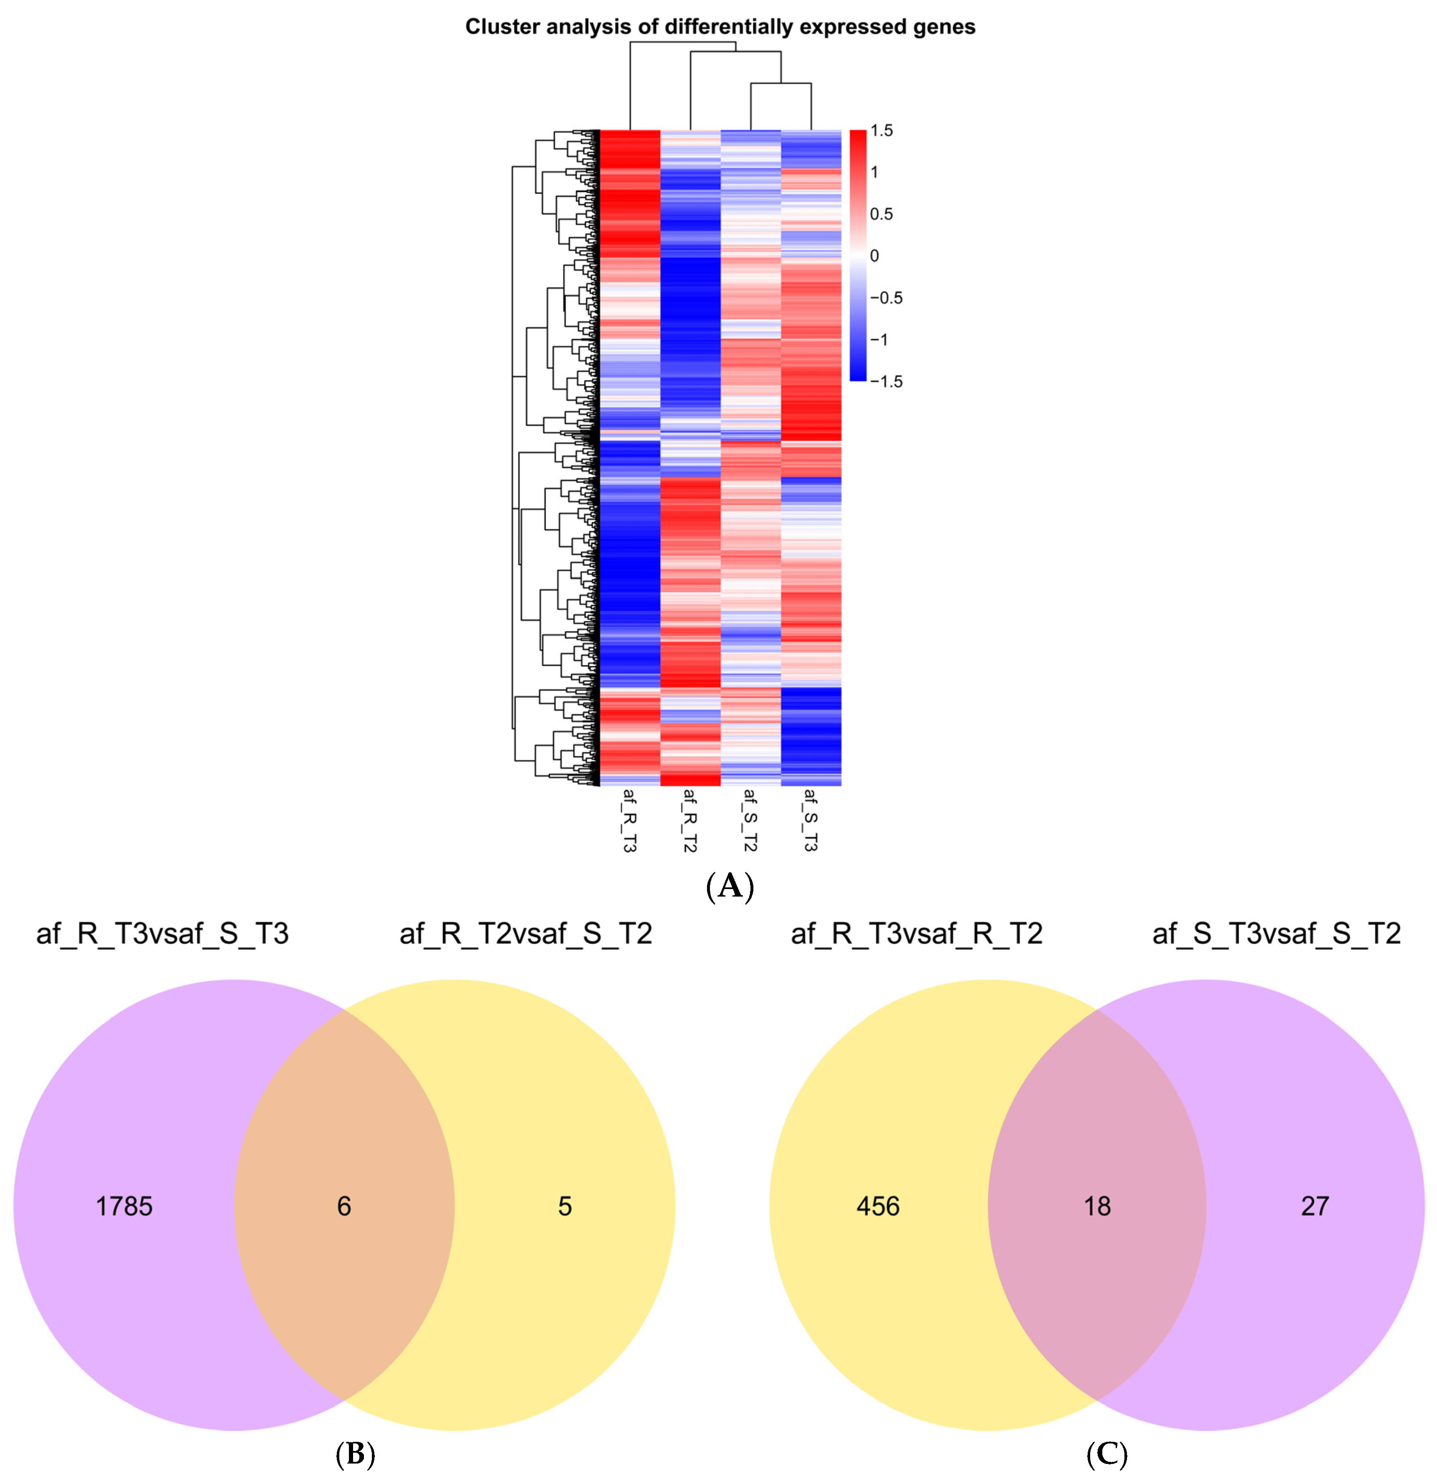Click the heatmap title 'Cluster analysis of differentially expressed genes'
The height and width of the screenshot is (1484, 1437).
(719, 27)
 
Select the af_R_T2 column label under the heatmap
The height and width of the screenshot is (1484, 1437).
(689, 820)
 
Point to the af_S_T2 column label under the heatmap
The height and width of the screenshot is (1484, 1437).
(750, 820)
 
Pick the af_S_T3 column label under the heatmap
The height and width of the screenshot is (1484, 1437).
(810, 820)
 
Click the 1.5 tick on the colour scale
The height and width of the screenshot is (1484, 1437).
(881, 131)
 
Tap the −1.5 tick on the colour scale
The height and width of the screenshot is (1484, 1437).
(886, 381)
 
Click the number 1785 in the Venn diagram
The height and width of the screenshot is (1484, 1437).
(124, 1206)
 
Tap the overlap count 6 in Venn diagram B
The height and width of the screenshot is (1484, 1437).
(344, 1206)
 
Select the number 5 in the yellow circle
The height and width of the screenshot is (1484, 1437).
(565, 1206)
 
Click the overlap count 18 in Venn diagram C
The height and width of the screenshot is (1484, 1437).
(1097, 1206)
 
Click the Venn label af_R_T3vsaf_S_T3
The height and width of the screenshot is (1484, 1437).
(163, 933)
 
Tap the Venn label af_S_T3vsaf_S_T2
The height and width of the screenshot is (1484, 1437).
(1277, 933)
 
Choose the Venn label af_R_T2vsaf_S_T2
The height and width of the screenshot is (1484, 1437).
(526, 933)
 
